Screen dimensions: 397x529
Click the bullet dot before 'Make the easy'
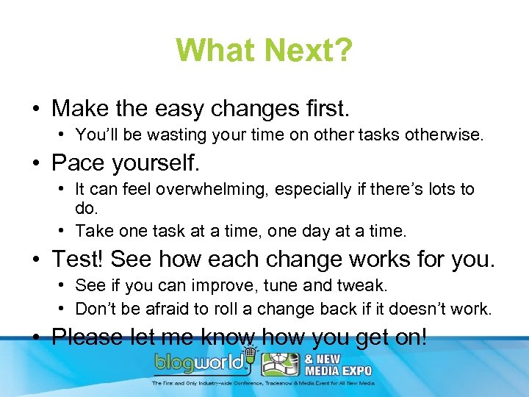tap(35, 110)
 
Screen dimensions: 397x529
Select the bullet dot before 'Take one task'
tap(64, 232)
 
